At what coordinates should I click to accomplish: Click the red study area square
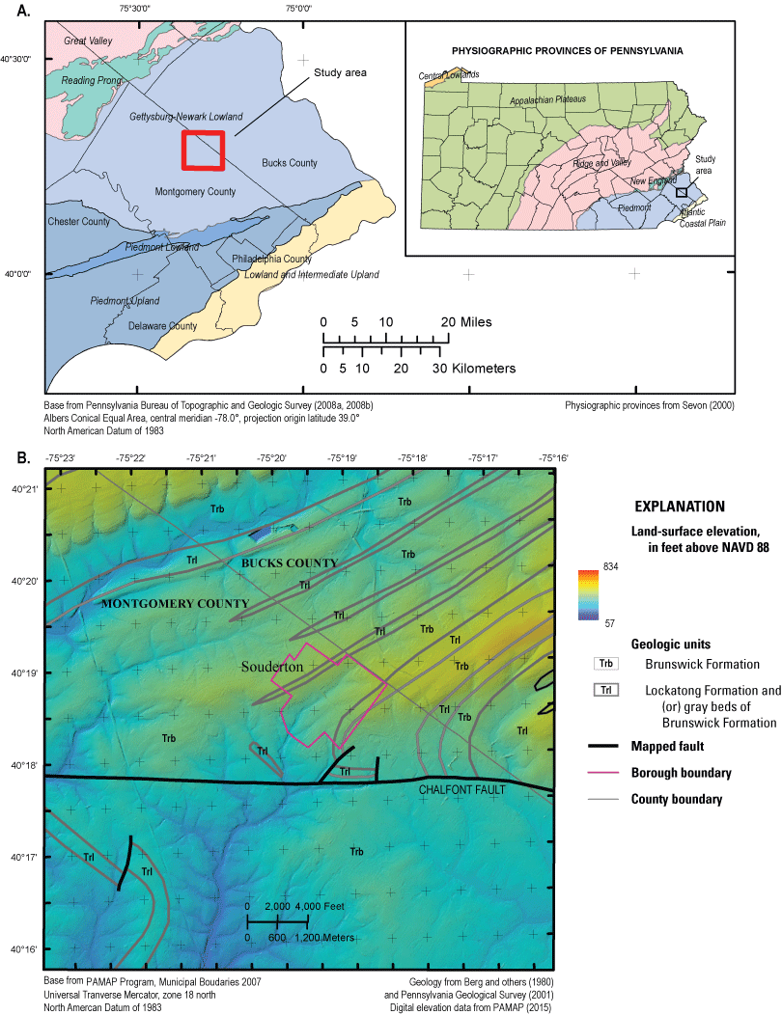(x=204, y=151)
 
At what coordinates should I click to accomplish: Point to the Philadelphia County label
(x=271, y=260)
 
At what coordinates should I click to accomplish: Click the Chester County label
(x=78, y=222)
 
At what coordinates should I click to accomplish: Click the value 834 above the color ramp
(x=584, y=564)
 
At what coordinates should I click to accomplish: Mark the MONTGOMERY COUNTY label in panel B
(x=174, y=604)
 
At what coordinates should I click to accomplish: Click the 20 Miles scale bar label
(x=463, y=321)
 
